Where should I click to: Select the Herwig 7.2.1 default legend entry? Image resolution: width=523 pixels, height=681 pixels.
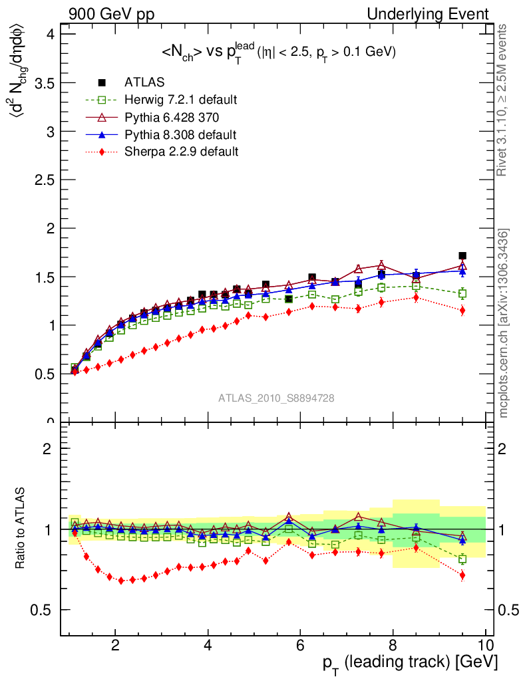[180, 100]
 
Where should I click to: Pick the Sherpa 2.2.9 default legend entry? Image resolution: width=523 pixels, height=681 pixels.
[181, 152]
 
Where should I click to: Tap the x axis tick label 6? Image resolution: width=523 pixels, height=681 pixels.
[301, 646]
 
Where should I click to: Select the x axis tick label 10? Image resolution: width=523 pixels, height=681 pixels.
[485, 646]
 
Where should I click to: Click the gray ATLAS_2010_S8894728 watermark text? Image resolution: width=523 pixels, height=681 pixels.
[276, 398]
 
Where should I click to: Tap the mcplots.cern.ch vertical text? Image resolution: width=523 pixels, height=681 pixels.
[504, 323]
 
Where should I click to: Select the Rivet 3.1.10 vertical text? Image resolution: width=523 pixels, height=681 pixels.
[504, 100]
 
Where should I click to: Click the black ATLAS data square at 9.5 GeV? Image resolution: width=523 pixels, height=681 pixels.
[462, 255]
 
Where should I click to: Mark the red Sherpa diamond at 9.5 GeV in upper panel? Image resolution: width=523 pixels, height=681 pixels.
[462, 311]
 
